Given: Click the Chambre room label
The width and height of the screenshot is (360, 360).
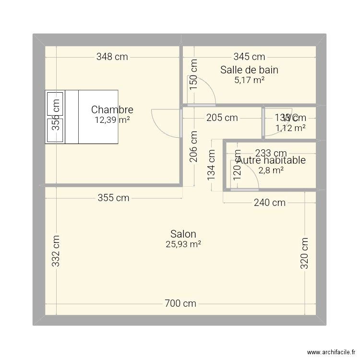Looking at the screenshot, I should coord(112,110).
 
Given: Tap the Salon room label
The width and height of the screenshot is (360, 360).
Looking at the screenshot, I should coord(183,234).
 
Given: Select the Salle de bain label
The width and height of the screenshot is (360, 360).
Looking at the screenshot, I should coord(249,70).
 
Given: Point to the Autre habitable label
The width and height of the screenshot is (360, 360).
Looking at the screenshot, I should coord(272,160).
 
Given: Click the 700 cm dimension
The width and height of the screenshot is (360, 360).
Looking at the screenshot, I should coord(180,303).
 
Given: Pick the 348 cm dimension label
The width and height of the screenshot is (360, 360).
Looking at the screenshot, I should coord(112,57).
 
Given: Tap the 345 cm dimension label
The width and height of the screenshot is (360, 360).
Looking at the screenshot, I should coord(249,57).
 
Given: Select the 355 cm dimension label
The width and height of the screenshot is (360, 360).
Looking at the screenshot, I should coord(113,198).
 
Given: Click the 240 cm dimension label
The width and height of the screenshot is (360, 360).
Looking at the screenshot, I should coord(269,203).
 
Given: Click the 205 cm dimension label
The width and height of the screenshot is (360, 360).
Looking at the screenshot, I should coord(221,118).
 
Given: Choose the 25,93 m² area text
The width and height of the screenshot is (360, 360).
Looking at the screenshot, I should coord(183,244).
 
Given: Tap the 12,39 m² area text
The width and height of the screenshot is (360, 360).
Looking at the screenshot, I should coord(112,120).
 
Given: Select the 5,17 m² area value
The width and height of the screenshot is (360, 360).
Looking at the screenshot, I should coord(249,80).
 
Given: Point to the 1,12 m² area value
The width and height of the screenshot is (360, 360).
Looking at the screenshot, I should coord(290,128).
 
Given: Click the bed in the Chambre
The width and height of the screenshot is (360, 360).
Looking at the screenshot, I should coord(82,117).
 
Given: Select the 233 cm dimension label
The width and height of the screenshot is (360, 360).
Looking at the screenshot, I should coord(271,153).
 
